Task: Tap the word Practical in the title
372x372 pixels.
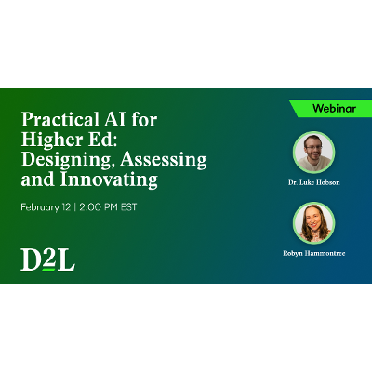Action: coord(57,122)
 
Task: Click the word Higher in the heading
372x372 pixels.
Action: coord(49,140)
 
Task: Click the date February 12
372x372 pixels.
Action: coord(49,206)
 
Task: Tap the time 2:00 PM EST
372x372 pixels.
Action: coord(108,206)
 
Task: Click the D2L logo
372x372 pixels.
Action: coord(47,259)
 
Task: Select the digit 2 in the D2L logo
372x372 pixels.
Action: coord(47,259)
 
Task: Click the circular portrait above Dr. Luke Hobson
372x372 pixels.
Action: coord(313,152)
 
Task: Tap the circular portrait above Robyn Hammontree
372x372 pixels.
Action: coord(313,222)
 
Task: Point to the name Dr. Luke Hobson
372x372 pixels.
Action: coord(313,183)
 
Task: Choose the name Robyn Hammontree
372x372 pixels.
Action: coord(313,253)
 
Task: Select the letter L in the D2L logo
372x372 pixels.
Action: coord(66,259)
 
